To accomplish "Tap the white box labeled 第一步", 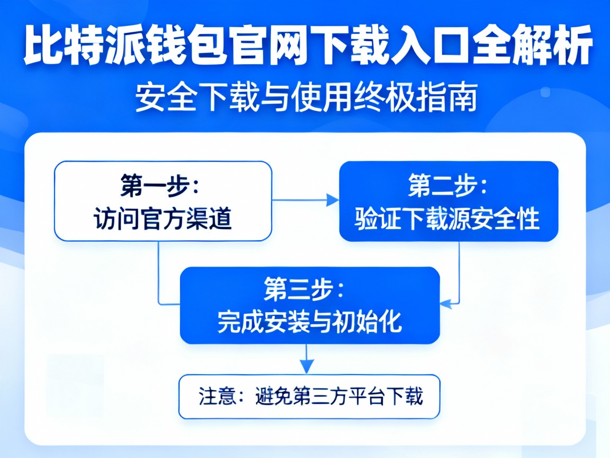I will [x=163, y=201].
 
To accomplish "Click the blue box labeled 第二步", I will [x=448, y=201].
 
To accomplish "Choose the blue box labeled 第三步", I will [x=310, y=305].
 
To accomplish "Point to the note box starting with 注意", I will [x=310, y=397].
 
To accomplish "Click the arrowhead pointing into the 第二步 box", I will [x=333, y=200].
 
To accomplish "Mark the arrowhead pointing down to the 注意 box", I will [x=307, y=367].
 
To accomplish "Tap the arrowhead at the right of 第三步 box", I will [x=446, y=304].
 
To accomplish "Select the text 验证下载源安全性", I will [x=447, y=219].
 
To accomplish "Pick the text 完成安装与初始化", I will [x=310, y=321].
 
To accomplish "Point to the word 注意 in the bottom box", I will [x=217, y=397].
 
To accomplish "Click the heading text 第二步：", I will [x=447, y=186].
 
